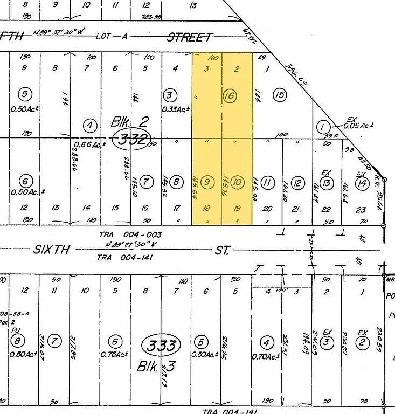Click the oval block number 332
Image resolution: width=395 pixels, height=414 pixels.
coord(133,140)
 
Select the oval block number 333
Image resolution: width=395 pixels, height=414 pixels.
coord(161,344)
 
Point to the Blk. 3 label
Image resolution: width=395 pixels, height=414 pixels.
coord(156,367)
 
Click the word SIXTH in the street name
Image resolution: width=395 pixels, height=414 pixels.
coord(52,250)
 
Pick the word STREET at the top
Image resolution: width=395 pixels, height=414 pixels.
coord(189,37)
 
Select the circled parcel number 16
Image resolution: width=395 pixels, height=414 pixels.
coord(230,96)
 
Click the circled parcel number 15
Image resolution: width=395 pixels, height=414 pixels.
coord(279,95)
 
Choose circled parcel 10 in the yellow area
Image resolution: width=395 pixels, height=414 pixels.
coord(238,182)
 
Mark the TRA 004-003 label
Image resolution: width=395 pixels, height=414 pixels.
coord(130,234)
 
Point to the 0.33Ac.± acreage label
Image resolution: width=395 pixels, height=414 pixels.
coord(177,109)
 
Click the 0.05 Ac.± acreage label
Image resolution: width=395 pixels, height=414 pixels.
coord(361,125)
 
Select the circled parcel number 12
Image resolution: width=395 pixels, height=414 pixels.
coord(296,183)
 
